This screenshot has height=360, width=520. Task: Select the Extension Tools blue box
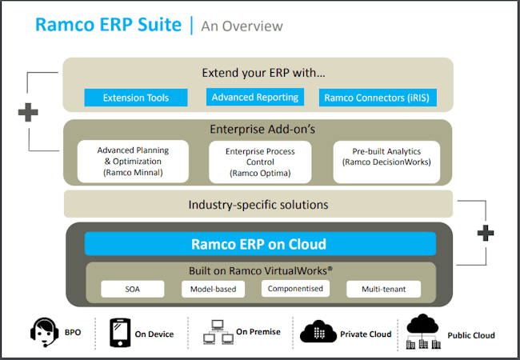click(x=137, y=98)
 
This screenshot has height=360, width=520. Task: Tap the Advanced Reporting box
click(x=255, y=98)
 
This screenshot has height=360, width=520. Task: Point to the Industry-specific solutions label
click(x=258, y=204)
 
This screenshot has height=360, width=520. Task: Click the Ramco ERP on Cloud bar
click(x=258, y=244)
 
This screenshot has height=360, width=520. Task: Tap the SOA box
click(x=133, y=289)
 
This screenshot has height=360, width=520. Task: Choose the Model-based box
click(x=214, y=289)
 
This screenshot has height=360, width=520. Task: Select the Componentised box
click(x=295, y=289)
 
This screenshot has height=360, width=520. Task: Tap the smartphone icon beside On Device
click(x=118, y=333)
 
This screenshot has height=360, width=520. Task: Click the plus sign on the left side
click(x=28, y=112)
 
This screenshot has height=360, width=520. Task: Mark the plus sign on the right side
click(x=485, y=233)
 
